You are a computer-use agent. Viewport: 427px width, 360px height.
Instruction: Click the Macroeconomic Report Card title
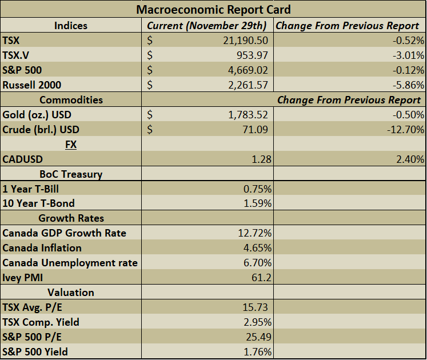[x=213, y=10]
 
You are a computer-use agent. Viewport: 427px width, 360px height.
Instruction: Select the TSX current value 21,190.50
[x=243, y=41]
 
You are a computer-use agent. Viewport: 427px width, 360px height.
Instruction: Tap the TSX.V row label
[x=17, y=55]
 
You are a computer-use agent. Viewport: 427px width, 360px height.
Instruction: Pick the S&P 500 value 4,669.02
[x=245, y=70]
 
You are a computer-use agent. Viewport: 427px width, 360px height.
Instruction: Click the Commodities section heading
[x=71, y=100]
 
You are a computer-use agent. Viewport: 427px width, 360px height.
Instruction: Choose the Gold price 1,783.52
[x=245, y=115]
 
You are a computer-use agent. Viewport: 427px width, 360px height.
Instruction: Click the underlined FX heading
[x=71, y=145]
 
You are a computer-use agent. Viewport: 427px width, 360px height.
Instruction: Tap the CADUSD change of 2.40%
[x=409, y=159]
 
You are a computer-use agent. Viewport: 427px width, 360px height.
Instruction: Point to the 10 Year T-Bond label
[x=38, y=203]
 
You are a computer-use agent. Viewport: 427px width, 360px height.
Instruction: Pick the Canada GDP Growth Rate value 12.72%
[x=254, y=233]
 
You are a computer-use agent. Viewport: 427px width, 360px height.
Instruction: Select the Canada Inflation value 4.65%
[x=257, y=248]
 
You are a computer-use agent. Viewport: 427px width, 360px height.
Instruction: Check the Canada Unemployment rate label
[x=70, y=263]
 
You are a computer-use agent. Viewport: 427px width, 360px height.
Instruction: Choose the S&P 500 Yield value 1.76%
[x=257, y=352]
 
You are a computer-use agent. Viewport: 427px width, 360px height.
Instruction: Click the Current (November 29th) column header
[x=206, y=26]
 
